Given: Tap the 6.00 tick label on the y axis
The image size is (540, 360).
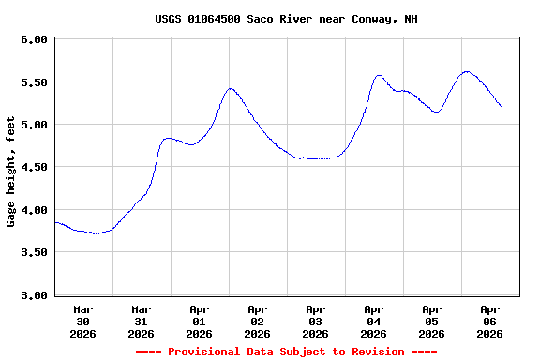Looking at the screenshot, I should [x=34, y=39].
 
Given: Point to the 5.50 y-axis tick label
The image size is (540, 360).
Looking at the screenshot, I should [x=34, y=82].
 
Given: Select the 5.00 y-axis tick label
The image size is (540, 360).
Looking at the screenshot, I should [x=34, y=125].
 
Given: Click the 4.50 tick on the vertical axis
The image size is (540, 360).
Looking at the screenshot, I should [x=34, y=168].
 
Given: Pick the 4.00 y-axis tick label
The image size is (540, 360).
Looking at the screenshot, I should [x=34, y=210].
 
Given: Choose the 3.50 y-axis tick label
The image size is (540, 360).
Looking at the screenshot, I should [x=34, y=253].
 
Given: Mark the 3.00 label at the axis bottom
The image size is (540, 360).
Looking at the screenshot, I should [x=34, y=295].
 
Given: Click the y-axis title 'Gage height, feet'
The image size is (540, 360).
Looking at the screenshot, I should [x=11, y=172].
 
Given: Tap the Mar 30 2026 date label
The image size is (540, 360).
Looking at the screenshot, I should [x=83, y=321].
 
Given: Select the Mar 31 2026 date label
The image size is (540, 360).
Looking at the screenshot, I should [x=142, y=321].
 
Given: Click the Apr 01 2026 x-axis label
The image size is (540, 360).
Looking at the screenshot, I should [x=200, y=321].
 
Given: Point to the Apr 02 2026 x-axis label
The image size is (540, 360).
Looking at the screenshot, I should [x=258, y=321].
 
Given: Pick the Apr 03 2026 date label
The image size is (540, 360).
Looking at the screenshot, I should [x=316, y=321].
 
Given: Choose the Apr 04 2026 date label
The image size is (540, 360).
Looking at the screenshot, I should [x=374, y=321].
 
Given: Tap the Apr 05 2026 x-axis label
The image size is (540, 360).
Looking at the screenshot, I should [x=432, y=321].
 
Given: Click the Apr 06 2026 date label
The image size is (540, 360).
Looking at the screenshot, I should [x=490, y=321].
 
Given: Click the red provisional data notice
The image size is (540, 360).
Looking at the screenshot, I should [x=286, y=352].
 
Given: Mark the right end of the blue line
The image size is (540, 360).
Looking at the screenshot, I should [x=502, y=107].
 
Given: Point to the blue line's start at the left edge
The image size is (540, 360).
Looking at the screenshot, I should [x=56, y=222].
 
